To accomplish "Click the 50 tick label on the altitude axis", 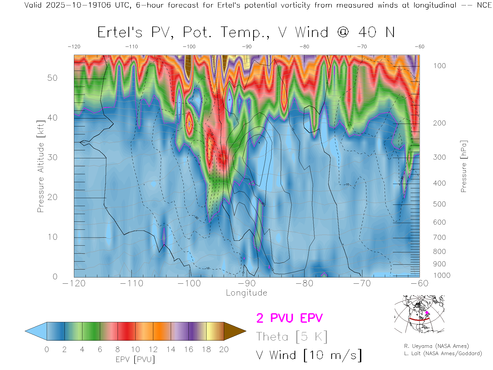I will (x=52, y=78).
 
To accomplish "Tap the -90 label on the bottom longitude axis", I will (x=247, y=283).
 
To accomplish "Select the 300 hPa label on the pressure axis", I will (x=439, y=157).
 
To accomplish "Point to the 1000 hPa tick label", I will (x=442, y=275).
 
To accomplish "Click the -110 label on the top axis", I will (x=131, y=47).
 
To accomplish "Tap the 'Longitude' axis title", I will (x=246, y=293).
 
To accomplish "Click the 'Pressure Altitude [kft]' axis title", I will (x=41, y=166).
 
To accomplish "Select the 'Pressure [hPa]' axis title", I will (x=463, y=166).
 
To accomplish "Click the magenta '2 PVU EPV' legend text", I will (x=289, y=318).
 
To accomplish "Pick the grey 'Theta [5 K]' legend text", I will (x=292, y=337).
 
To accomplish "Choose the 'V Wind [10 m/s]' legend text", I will (x=309, y=355).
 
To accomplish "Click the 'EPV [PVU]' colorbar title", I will (x=135, y=359).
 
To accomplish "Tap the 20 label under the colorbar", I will (x=224, y=349).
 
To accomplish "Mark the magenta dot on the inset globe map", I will (x=427, y=313).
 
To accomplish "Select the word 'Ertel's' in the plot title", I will (x=120, y=33).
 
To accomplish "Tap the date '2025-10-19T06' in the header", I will (x=78, y=5).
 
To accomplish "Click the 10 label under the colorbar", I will (x=135, y=349).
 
